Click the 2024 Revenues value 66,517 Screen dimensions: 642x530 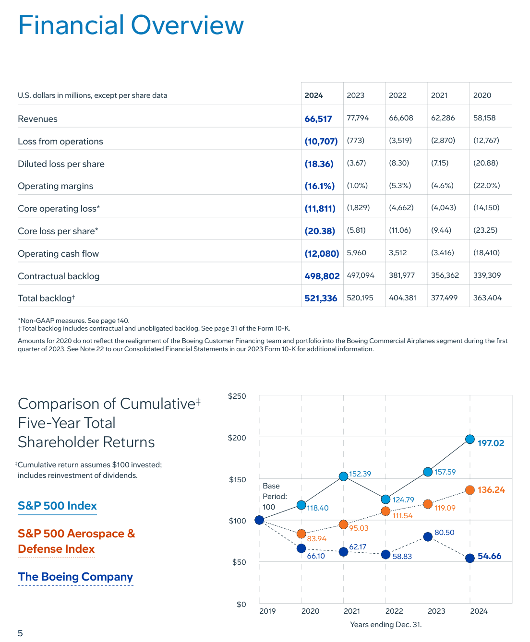click(318, 119)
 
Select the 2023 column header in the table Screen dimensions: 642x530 click(355, 95)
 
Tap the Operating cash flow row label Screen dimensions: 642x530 click(58, 254)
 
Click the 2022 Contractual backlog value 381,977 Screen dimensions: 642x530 click(401, 275)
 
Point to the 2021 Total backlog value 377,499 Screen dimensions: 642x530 click(444, 298)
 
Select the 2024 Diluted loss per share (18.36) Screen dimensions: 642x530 click(319, 164)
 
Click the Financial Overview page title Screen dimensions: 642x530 click(131, 25)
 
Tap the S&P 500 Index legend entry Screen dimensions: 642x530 click(57, 506)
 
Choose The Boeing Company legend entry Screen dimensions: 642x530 click(75, 577)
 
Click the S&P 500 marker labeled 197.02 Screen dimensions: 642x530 click(470, 439)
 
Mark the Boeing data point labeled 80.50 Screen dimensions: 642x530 click(428, 536)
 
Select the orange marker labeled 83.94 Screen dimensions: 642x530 click(301, 534)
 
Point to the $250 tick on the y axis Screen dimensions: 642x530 click(237, 396)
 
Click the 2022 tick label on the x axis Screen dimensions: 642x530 click(394, 611)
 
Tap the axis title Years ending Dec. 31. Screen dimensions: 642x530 click(385, 625)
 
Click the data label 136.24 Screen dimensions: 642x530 click(491, 490)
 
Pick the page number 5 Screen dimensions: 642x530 click(20, 633)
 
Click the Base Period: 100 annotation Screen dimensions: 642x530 click(275, 497)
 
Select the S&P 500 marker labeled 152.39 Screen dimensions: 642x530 click(343, 476)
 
